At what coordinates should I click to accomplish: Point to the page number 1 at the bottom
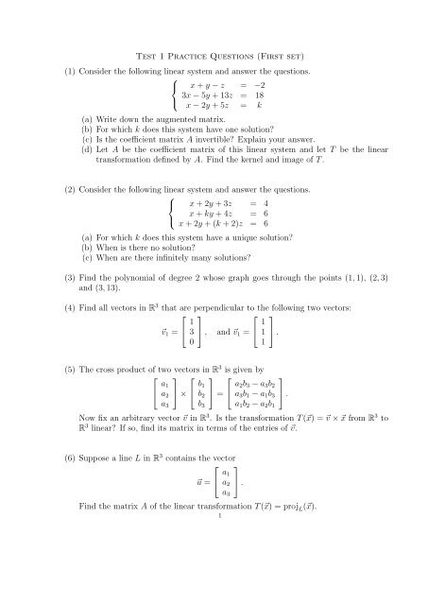click(x=217, y=596)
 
